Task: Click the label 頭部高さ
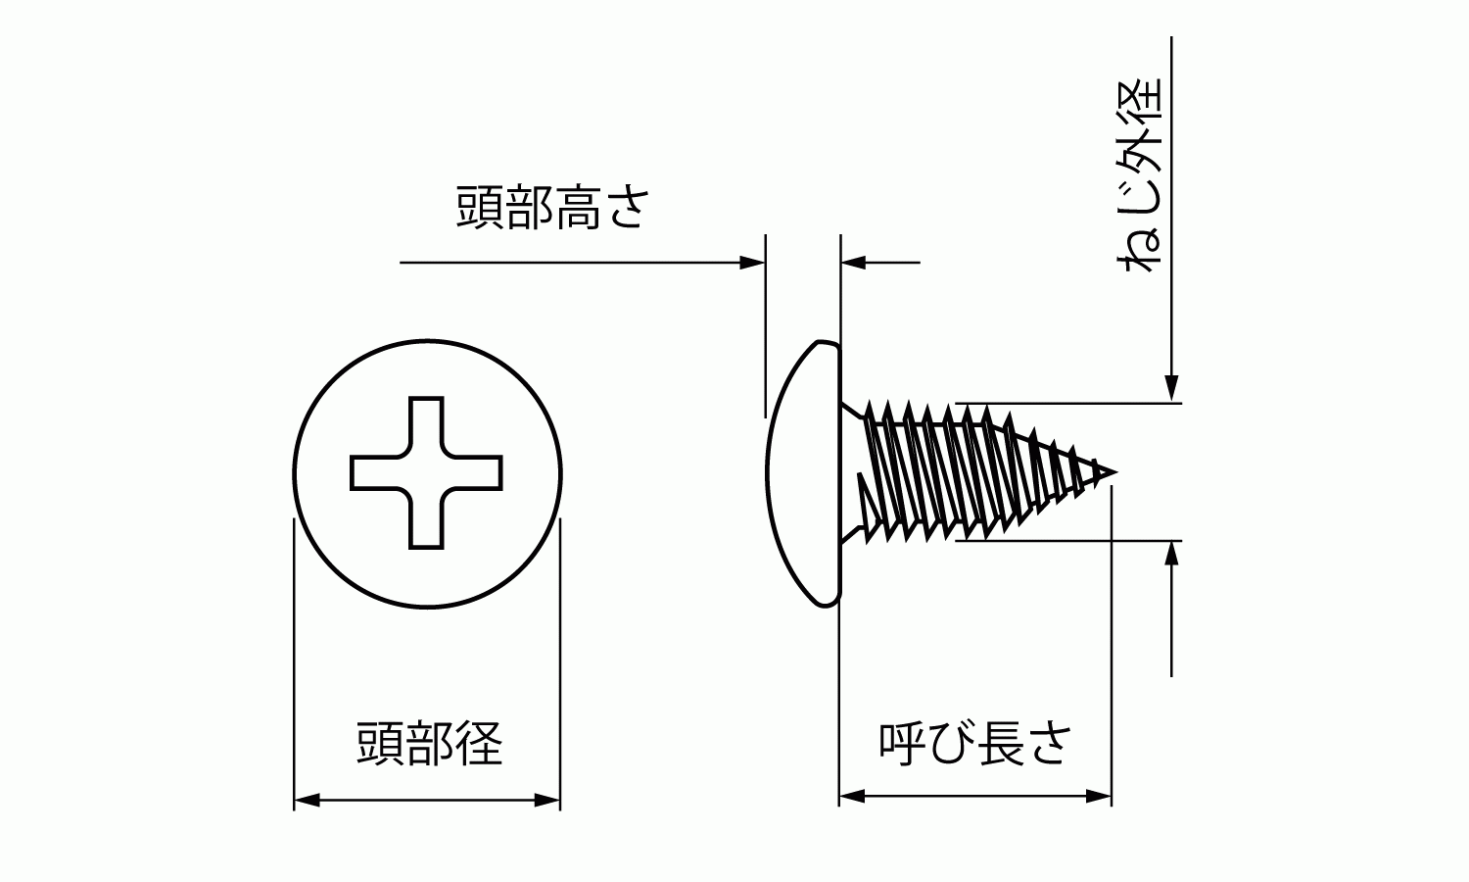click(x=552, y=208)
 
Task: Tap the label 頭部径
click(x=430, y=744)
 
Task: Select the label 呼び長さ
click(x=975, y=744)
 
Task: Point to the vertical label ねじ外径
click(x=1140, y=175)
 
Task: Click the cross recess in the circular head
click(x=426, y=472)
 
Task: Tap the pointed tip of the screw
click(x=1115, y=471)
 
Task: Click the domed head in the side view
click(x=804, y=473)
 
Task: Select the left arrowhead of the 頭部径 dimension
click(x=307, y=800)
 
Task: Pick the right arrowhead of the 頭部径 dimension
click(x=546, y=800)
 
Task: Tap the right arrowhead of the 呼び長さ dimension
click(x=1099, y=797)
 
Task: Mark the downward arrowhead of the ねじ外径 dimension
click(x=1171, y=388)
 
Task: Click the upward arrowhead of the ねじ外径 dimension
click(x=1171, y=553)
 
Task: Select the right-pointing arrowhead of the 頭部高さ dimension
click(x=752, y=263)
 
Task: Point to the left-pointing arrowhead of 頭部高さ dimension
click(x=854, y=263)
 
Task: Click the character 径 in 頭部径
click(x=479, y=744)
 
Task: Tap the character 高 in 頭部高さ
click(x=577, y=208)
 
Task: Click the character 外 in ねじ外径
click(x=1140, y=151)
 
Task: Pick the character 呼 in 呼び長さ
click(x=902, y=744)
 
